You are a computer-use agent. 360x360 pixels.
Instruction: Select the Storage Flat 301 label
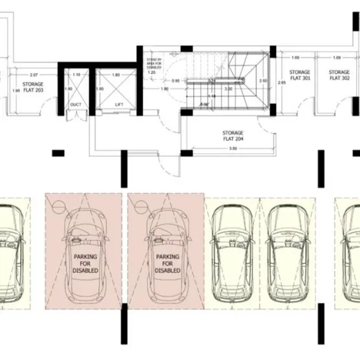301,75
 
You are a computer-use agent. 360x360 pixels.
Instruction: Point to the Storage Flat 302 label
339,75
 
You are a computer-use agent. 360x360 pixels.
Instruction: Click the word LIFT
118,104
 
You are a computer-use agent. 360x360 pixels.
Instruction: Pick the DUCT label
75,104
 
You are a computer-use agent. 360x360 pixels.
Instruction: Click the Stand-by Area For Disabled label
154,60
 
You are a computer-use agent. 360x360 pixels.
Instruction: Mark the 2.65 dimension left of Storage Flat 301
282,80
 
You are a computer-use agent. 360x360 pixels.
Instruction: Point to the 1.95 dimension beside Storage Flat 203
16,90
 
